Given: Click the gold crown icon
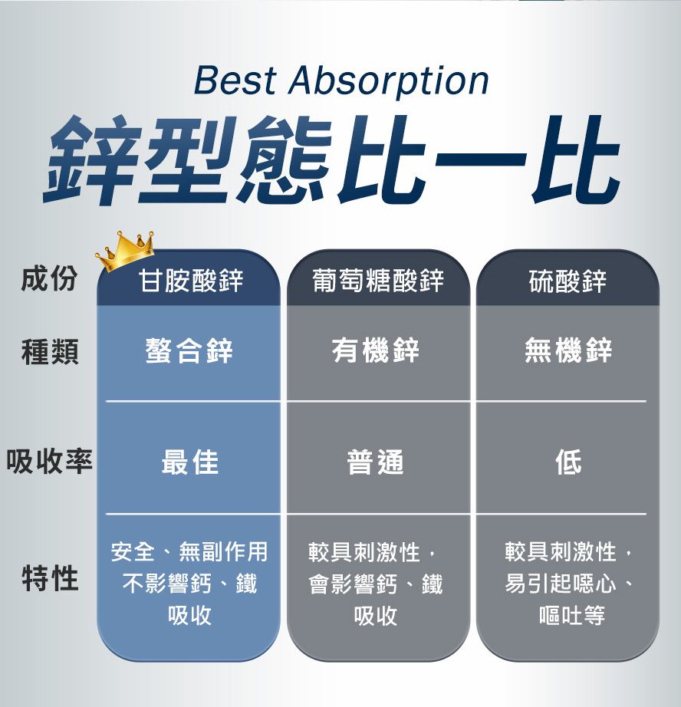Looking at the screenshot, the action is point(125,252).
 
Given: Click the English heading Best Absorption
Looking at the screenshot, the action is point(341,81).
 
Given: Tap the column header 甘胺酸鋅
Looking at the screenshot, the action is point(190,280).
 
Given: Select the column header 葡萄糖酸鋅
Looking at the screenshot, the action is point(378,280).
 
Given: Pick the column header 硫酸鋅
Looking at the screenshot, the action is point(567,281).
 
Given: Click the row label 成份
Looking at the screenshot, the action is point(49,278).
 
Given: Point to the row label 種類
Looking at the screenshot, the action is point(50,351).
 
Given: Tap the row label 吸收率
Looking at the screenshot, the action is point(49,462).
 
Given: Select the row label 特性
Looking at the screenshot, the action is point(50,578).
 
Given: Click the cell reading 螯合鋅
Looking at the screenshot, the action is point(189,350).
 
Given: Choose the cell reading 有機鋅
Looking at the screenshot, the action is point(376,350).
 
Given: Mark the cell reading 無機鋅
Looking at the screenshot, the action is point(568,350).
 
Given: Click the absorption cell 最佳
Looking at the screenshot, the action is point(190,462).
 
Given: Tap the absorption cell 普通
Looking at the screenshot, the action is point(375,462).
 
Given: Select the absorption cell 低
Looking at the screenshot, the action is point(568,462).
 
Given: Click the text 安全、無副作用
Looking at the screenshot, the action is point(189,551).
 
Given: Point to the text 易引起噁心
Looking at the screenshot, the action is point(560,584).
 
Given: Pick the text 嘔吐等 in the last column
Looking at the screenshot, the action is point(572,615).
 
